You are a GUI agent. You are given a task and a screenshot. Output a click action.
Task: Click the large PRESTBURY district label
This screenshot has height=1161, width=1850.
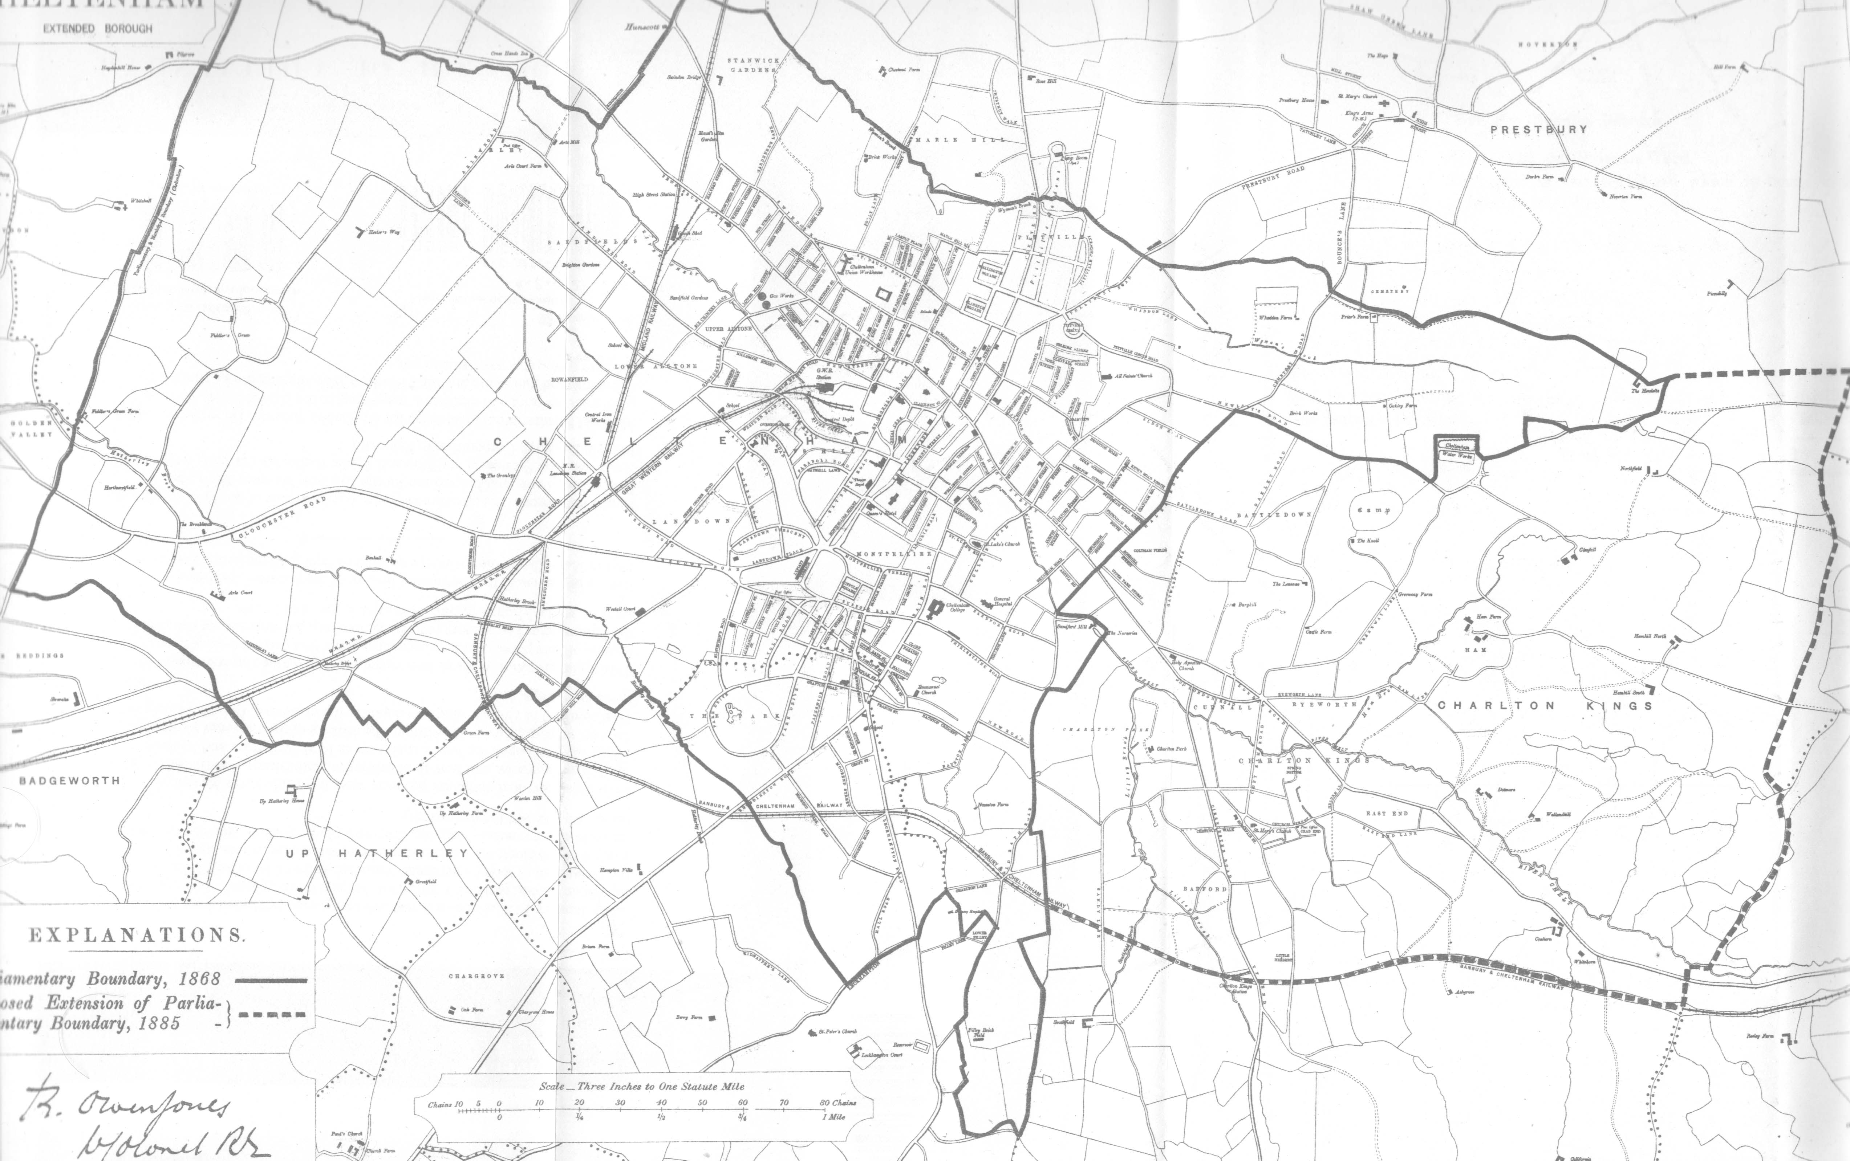coord(1538,130)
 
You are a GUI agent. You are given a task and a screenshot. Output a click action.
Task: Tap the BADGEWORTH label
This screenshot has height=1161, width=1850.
coord(69,781)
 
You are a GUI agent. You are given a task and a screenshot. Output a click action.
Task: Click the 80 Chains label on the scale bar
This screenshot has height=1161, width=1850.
coord(838,1103)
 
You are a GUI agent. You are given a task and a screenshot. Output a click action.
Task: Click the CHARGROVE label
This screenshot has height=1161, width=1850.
coord(476,976)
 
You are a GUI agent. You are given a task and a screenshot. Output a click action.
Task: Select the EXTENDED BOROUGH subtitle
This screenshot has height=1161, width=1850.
coord(98,28)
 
